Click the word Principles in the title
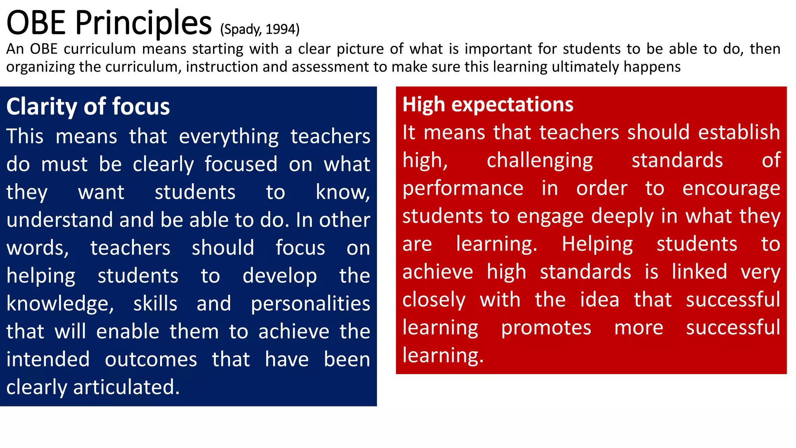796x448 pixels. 143,23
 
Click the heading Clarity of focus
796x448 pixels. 88,107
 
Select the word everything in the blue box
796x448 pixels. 229,137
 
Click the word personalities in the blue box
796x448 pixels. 310,304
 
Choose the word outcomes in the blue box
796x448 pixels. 151,359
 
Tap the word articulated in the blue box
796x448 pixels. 126,387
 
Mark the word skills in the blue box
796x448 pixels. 155,304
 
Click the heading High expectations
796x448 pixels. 488,105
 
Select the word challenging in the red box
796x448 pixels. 540,161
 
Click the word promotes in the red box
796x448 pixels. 546,328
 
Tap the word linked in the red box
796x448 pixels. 699,271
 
